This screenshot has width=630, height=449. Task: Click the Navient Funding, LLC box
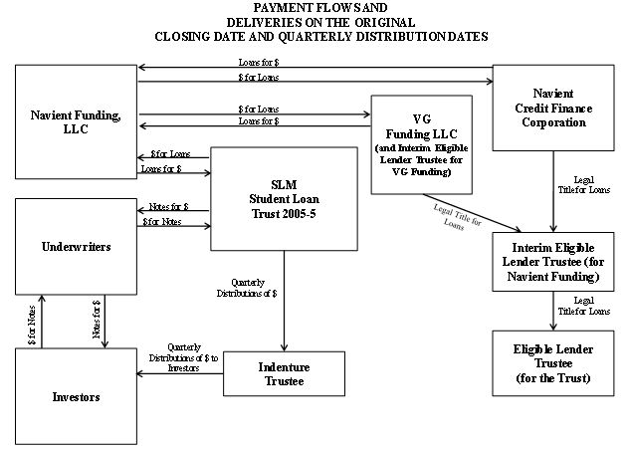(x=76, y=121)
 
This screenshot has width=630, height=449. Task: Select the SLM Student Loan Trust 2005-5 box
(x=284, y=199)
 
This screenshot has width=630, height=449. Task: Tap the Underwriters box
(x=76, y=247)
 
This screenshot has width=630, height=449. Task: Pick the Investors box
(x=76, y=396)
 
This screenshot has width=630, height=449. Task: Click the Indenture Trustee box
(x=284, y=373)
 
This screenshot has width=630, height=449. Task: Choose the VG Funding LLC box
(x=421, y=144)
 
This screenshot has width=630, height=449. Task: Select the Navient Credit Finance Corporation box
(x=553, y=108)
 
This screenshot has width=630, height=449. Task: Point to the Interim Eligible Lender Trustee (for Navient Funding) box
(x=553, y=262)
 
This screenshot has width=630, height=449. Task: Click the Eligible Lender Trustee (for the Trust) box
(x=553, y=363)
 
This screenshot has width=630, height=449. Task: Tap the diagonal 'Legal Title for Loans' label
(x=457, y=217)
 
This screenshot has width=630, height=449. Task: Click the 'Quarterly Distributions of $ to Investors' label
(x=183, y=357)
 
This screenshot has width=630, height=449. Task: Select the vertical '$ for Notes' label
(x=32, y=325)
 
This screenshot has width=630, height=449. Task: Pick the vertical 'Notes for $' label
(x=97, y=320)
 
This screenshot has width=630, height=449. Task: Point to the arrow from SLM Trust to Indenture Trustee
(x=284, y=301)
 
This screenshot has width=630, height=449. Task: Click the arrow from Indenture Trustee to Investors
(x=180, y=373)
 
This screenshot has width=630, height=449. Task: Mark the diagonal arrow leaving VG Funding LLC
(x=472, y=213)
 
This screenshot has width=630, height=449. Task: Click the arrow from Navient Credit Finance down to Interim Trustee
(x=553, y=191)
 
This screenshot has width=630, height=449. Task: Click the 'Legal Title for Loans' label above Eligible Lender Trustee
(x=584, y=306)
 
